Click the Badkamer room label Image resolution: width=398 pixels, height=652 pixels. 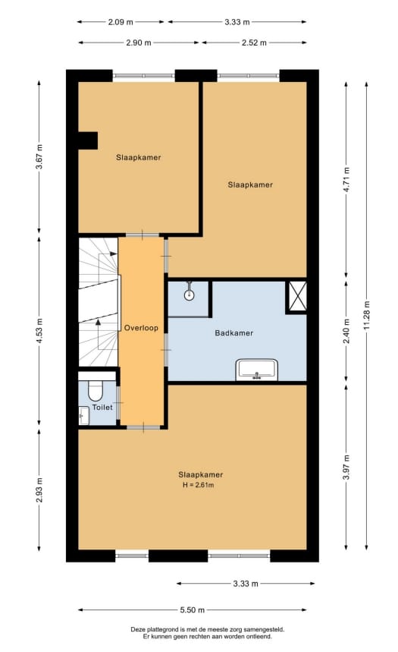coord(234,332)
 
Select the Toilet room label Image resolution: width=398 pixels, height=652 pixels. coord(102,408)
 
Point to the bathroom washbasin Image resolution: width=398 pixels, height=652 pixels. coord(257,370)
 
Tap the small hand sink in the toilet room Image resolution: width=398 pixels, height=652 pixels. coord(83,414)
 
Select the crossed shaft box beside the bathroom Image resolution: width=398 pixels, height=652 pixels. coord(296,296)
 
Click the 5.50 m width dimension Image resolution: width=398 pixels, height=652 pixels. coord(193,609)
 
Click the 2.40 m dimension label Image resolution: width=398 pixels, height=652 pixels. coord(346,334)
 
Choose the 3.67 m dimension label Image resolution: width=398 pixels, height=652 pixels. coord(39,155)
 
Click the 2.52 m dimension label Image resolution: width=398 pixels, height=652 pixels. coord(254,43)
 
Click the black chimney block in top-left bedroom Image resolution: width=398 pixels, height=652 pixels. coord(88,140)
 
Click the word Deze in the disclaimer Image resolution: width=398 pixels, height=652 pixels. coord(138,629)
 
